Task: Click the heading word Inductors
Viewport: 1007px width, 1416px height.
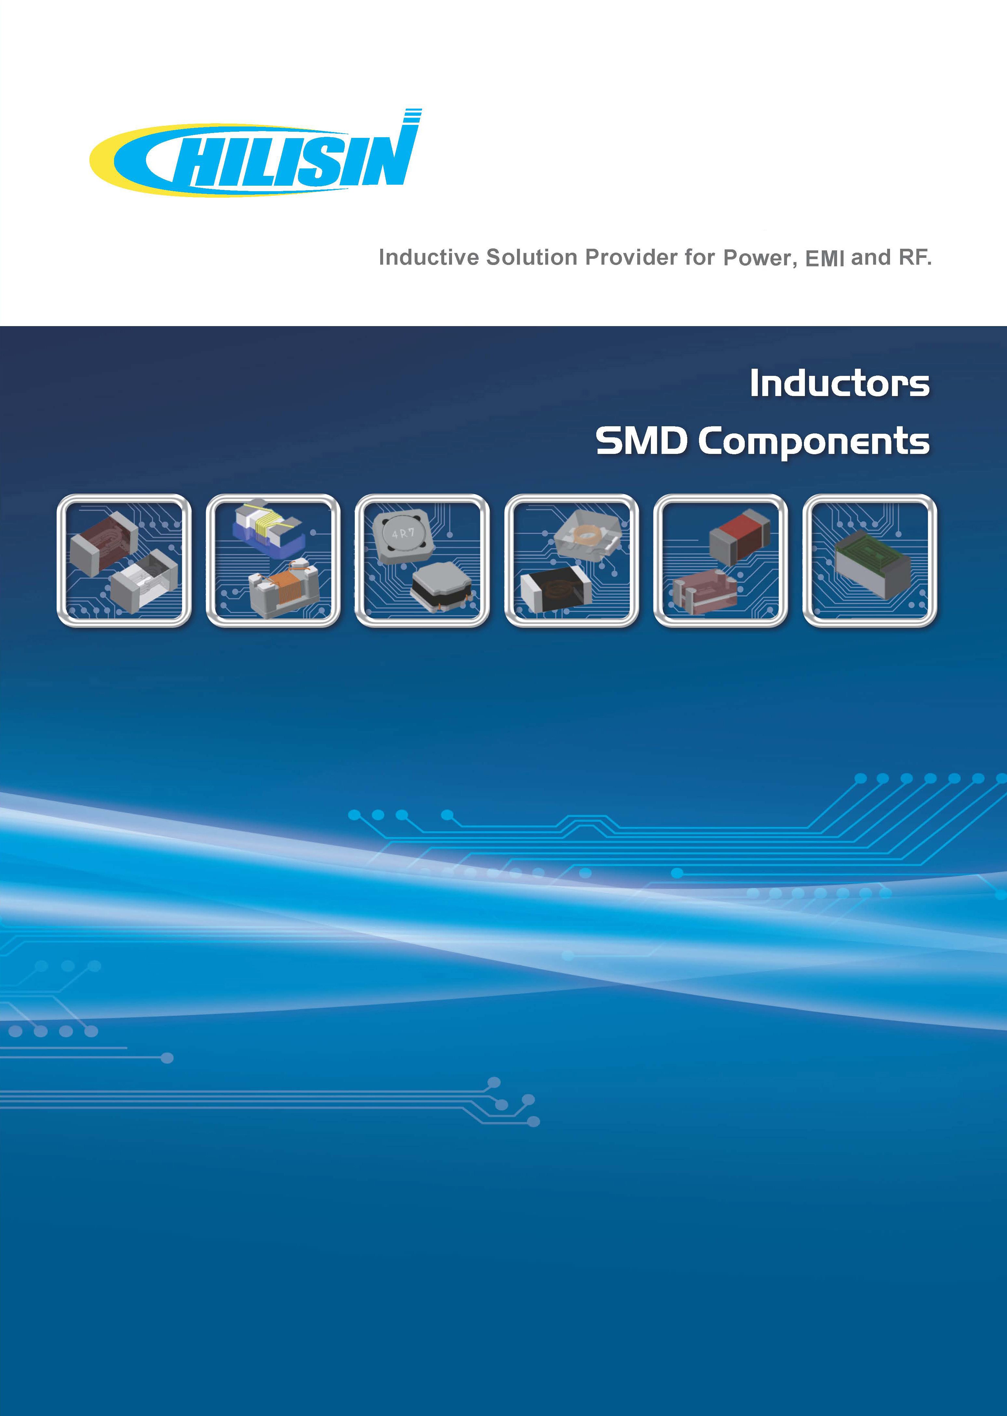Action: pos(840,383)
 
